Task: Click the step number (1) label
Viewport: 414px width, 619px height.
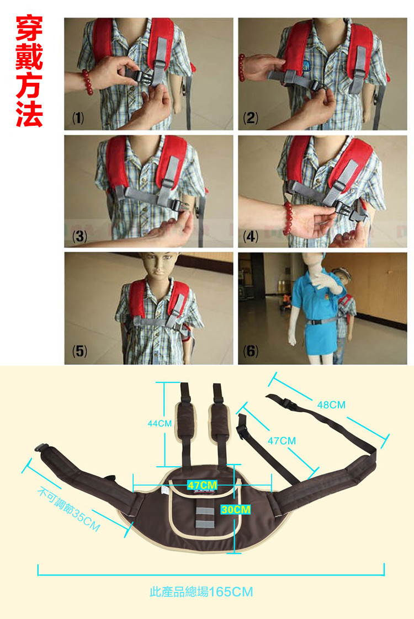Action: click(78, 118)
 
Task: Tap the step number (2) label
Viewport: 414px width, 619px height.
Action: click(251, 118)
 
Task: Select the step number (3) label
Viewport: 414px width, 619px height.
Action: click(79, 236)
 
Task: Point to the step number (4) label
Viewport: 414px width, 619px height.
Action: click(251, 236)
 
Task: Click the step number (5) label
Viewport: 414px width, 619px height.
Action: click(79, 350)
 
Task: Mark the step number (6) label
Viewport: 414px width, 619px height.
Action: click(251, 350)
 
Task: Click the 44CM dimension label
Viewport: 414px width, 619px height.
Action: click(160, 424)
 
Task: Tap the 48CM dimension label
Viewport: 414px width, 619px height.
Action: click(331, 404)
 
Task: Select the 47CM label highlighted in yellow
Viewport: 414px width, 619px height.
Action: click(202, 485)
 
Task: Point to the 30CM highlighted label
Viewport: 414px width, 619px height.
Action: click(236, 509)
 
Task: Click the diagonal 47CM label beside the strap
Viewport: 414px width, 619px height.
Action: click(282, 441)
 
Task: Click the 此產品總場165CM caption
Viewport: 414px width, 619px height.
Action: click(201, 592)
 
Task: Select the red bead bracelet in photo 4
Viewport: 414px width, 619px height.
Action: click(289, 218)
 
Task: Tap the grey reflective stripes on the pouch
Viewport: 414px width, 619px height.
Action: click(202, 516)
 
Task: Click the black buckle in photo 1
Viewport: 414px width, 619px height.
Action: click(139, 76)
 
